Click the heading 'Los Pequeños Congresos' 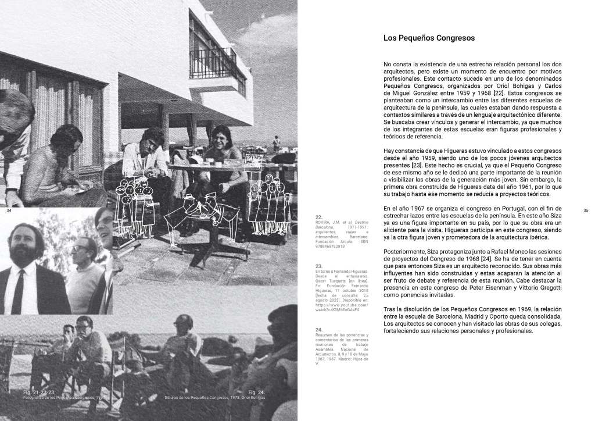tap(429, 38)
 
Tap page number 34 tap(9, 210)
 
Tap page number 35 tap(586, 211)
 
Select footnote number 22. tap(319, 216)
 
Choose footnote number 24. tap(319, 330)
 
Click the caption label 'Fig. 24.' tap(256, 393)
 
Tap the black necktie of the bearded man tap(18, 291)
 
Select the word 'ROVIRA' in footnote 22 tap(322, 222)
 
